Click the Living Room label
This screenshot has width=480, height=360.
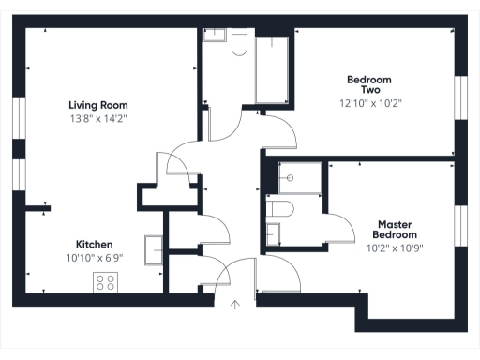[x=97, y=105]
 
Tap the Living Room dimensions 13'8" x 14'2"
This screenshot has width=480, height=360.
[x=97, y=118]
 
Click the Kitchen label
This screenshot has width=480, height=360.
[x=95, y=243]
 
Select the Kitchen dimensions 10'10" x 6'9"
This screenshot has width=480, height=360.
[x=95, y=257]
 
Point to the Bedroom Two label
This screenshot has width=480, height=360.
[x=368, y=84]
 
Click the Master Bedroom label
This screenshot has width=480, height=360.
[x=396, y=230]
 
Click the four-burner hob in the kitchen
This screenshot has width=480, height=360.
[x=104, y=282]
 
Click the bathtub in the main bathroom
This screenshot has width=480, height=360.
[x=273, y=69]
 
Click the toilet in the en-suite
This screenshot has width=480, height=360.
[x=279, y=208]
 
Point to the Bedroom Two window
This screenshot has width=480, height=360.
[x=459, y=96]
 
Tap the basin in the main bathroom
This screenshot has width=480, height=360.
[x=215, y=36]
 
